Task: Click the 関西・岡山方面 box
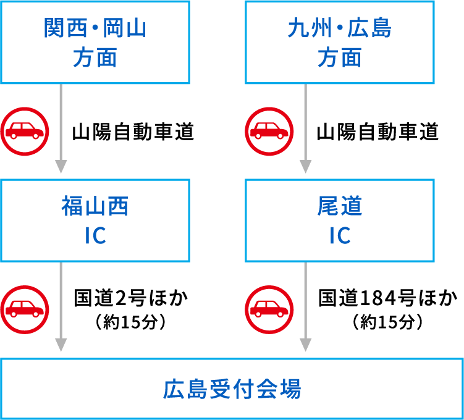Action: [x=95, y=43]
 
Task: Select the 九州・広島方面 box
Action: [x=340, y=43]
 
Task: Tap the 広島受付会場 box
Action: [x=232, y=389]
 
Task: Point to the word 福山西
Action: [x=95, y=207]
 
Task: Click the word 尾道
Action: [x=340, y=207]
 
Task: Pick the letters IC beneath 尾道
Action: [x=340, y=235]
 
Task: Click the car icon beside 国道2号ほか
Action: [x=25, y=307]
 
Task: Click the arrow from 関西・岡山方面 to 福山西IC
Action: [x=61, y=130]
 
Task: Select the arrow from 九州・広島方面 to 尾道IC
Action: [x=305, y=130]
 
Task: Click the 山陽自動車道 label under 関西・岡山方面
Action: [x=133, y=132]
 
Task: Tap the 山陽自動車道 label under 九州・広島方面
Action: [x=378, y=132]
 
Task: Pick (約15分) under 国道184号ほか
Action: [x=387, y=322]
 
